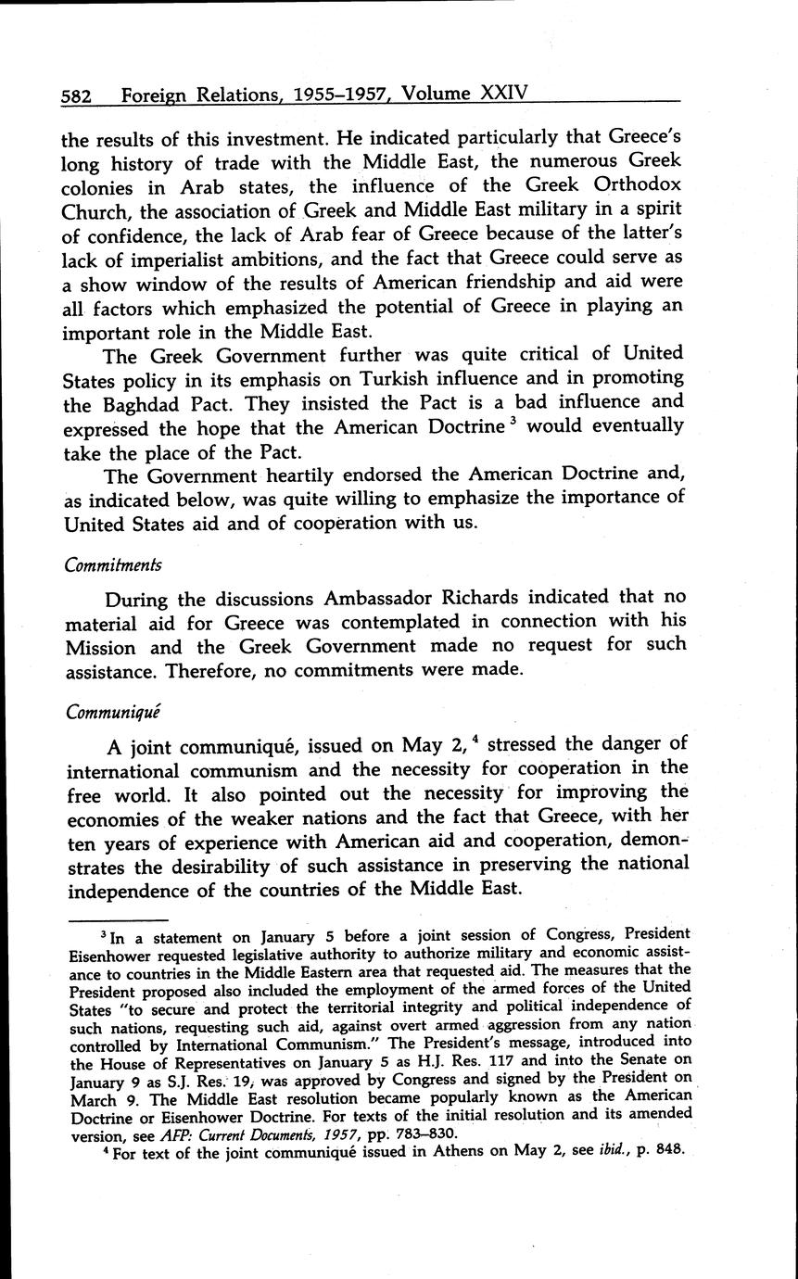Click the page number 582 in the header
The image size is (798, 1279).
(x=75, y=95)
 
